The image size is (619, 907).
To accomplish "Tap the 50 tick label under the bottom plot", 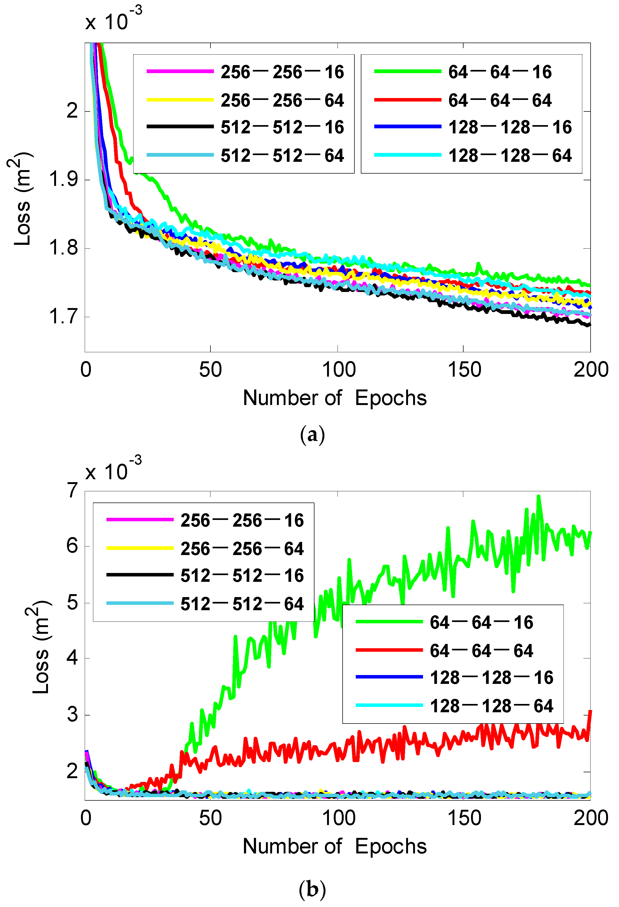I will click(210, 818).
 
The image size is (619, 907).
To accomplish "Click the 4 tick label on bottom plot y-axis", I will click(72, 658).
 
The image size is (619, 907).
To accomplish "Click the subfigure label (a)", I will click(312, 434).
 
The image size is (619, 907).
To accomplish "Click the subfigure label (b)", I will click(312, 889).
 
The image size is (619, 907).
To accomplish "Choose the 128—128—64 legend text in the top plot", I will click(510, 156).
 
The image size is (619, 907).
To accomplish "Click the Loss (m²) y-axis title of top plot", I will click(22, 199).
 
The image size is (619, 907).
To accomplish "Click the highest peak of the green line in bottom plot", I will click(539, 496).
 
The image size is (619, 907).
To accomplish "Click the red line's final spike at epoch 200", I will click(590, 711).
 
